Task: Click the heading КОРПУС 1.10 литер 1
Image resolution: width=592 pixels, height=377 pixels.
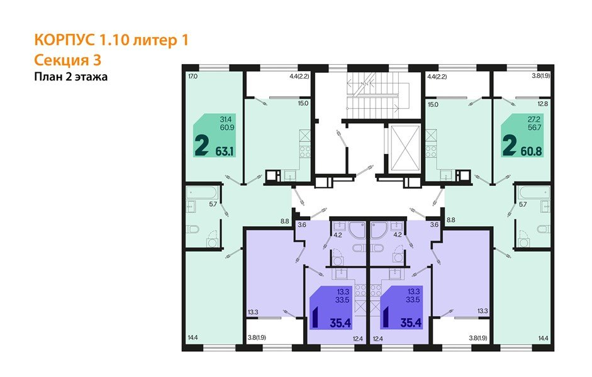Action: [111, 40]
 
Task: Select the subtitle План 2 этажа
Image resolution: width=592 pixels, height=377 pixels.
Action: [70, 77]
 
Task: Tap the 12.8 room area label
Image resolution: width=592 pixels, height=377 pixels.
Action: [543, 104]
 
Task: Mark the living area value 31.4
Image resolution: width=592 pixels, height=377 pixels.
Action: [225, 119]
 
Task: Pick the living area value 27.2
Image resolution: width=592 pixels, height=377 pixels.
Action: [532, 119]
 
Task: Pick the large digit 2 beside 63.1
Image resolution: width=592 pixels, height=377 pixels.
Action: [202, 146]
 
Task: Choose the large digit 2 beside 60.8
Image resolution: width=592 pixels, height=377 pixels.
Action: [509, 146]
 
